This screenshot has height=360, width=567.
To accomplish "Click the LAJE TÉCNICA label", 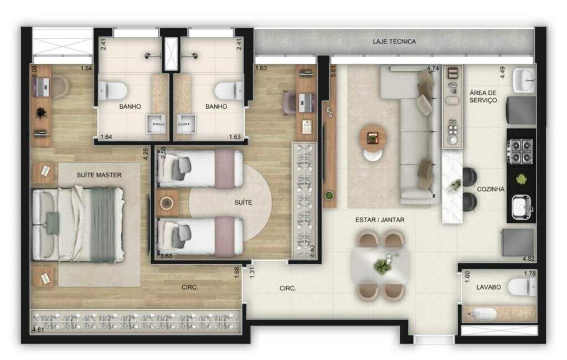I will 394,42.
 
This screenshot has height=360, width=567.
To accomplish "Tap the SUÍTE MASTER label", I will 99,175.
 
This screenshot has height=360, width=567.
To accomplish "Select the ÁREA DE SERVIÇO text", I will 483,96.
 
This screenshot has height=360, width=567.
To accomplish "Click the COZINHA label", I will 491,189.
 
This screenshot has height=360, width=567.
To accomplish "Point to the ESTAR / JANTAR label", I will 380,220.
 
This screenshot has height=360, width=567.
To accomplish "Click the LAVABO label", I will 488,287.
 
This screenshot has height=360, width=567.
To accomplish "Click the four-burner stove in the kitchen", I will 520,151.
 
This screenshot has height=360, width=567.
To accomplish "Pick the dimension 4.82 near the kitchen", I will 528,259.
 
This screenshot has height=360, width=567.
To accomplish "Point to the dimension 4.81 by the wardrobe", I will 38,330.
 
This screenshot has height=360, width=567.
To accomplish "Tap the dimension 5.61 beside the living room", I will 333,71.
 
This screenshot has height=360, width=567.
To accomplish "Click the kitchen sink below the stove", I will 521,207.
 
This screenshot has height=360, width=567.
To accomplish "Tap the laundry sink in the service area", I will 523,81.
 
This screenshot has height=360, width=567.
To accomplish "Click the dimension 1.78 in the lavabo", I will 530,273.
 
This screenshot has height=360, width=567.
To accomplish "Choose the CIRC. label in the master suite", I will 190,287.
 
